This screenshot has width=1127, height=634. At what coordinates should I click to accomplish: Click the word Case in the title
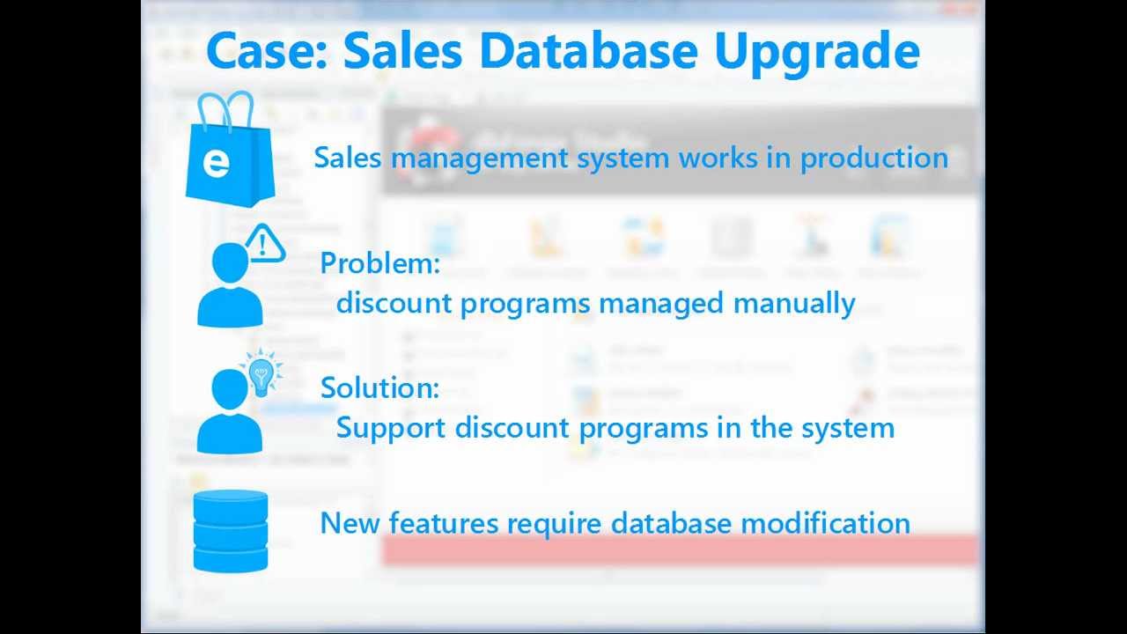(264, 50)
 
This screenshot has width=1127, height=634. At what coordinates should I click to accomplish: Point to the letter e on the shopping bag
(215, 164)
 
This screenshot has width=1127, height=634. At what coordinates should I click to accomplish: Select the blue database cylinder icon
(231, 532)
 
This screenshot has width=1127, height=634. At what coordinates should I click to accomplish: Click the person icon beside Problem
(229, 286)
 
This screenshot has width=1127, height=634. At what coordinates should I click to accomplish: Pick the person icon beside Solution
(229, 412)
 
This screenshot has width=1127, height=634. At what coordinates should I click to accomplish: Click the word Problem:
(379, 263)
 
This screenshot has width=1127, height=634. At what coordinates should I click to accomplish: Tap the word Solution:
(379, 388)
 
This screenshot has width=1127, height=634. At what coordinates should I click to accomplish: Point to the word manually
(793, 304)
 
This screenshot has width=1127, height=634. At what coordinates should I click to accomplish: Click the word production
(873, 158)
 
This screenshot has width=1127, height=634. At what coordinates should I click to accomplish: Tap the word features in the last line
(443, 523)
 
